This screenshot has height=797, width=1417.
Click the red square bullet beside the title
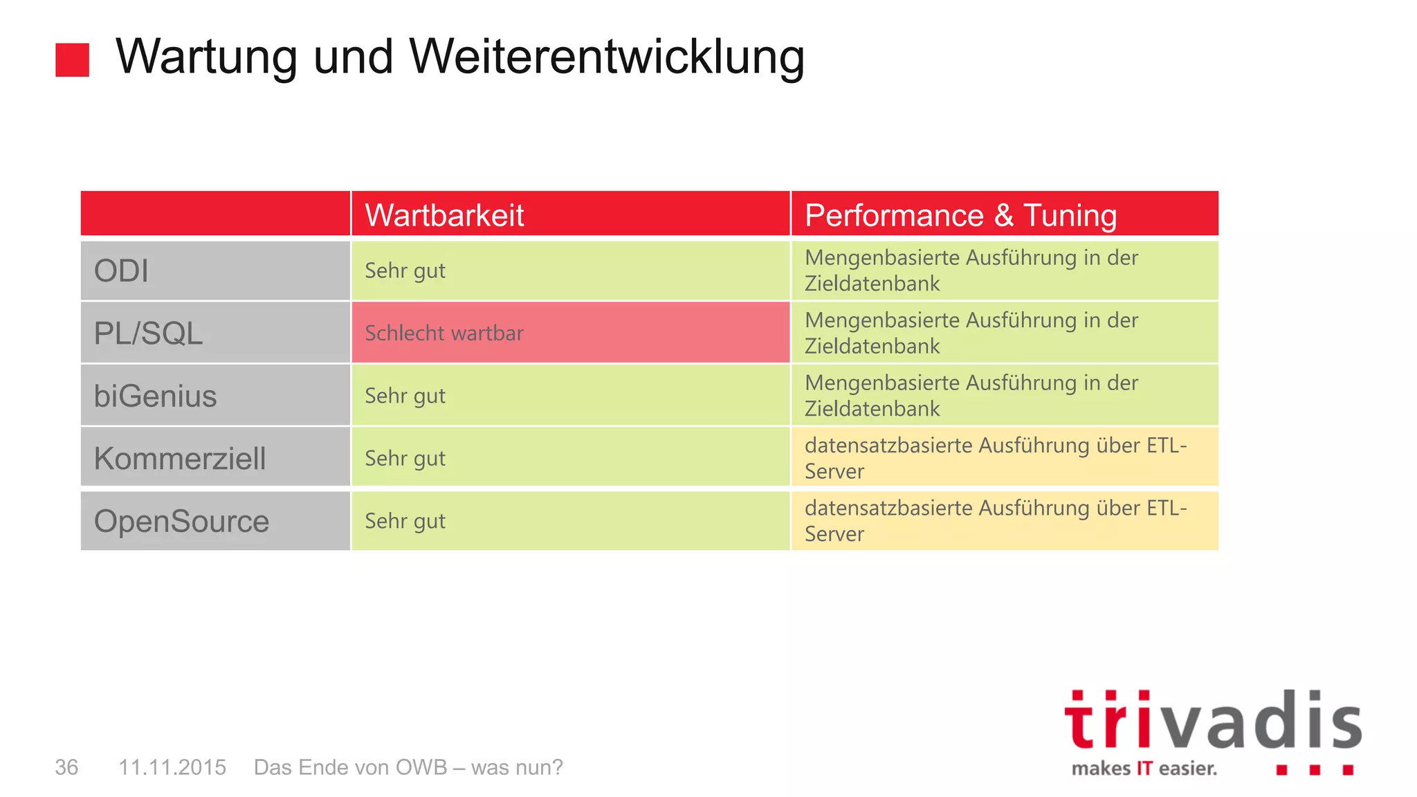pos(73,59)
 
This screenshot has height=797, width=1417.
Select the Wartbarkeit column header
pos(444,215)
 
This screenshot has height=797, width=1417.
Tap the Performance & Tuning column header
pos(960,215)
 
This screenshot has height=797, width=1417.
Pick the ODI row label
pos(121,271)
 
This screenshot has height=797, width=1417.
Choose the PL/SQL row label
pos(148,333)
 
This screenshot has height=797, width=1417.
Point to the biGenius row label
pos(155,396)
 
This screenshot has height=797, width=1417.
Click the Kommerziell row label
pos(180,458)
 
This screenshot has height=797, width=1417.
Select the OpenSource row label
pos(181,521)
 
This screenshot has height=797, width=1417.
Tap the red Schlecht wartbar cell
pos(444,333)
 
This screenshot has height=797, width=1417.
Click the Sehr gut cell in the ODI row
pos(405,271)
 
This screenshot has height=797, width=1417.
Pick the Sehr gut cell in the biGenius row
pos(405,396)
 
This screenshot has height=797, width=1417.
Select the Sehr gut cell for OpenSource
pos(405,521)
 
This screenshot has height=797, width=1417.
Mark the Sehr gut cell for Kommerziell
pos(405,458)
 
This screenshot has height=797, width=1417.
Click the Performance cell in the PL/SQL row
pos(971,333)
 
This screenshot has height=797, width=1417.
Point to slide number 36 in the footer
pos(66,767)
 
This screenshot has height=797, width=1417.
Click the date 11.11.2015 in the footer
pos(172,767)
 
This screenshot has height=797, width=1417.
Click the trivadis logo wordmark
pos(1212,723)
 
